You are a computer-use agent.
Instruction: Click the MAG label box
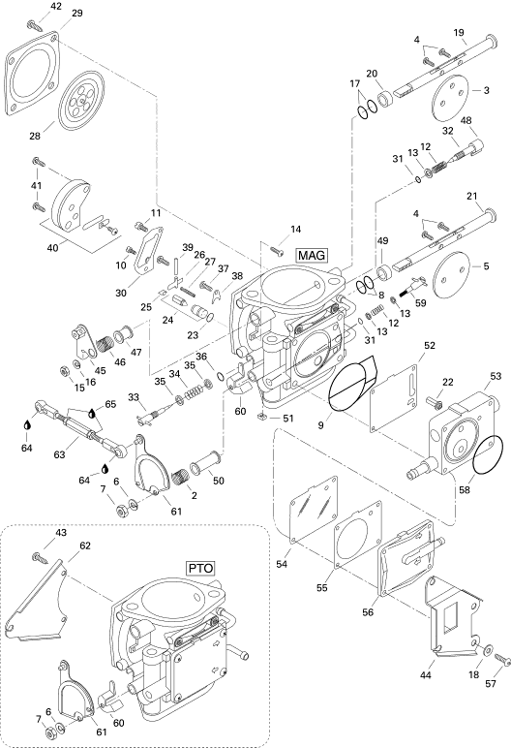tap(312, 255)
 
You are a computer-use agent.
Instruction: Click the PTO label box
tap(200, 568)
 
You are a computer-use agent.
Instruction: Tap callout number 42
tap(56, 6)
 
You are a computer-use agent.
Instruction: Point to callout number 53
tap(496, 376)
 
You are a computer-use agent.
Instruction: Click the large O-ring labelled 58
tap(487, 454)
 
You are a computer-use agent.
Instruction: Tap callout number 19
tap(459, 32)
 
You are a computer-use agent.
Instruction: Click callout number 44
tap(425, 674)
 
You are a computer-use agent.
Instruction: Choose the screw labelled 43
tap(39, 557)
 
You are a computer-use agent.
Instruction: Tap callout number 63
tap(59, 454)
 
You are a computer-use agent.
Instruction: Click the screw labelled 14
tap(277, 249)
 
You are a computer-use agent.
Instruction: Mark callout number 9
tap(321, 424)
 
